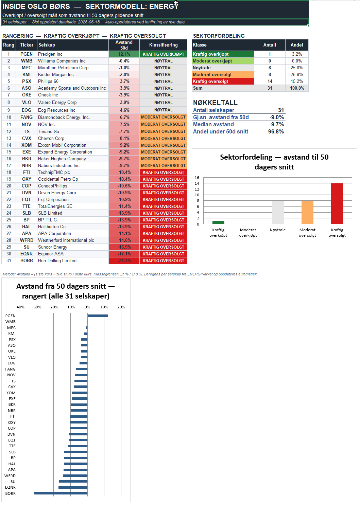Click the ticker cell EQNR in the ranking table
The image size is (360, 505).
(27, 254)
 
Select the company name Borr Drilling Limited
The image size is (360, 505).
(57, 260)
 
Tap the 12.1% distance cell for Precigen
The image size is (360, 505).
(124, 54)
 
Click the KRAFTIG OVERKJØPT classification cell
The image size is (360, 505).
(163, 54)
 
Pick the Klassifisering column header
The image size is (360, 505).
(163, 45)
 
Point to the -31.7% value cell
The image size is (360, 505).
(124, 260)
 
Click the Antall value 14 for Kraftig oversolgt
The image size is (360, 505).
(270, 81)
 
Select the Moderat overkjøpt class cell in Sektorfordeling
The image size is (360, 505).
(223, 61)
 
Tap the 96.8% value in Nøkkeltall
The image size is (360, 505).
(276, 132)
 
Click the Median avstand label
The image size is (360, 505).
(213, 124)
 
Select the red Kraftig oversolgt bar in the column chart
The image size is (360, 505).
(337, 203)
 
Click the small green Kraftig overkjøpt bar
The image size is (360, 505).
(218, 222)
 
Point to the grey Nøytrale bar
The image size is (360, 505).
(278, 212)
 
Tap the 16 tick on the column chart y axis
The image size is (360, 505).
(197, 178)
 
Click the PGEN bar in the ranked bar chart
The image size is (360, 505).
(98, 315)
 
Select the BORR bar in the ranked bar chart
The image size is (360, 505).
(61, 493)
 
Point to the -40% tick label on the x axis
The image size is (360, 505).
(20, 307)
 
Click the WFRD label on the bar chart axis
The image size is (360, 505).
(10, 476)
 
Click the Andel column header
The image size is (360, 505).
(297, 45)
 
